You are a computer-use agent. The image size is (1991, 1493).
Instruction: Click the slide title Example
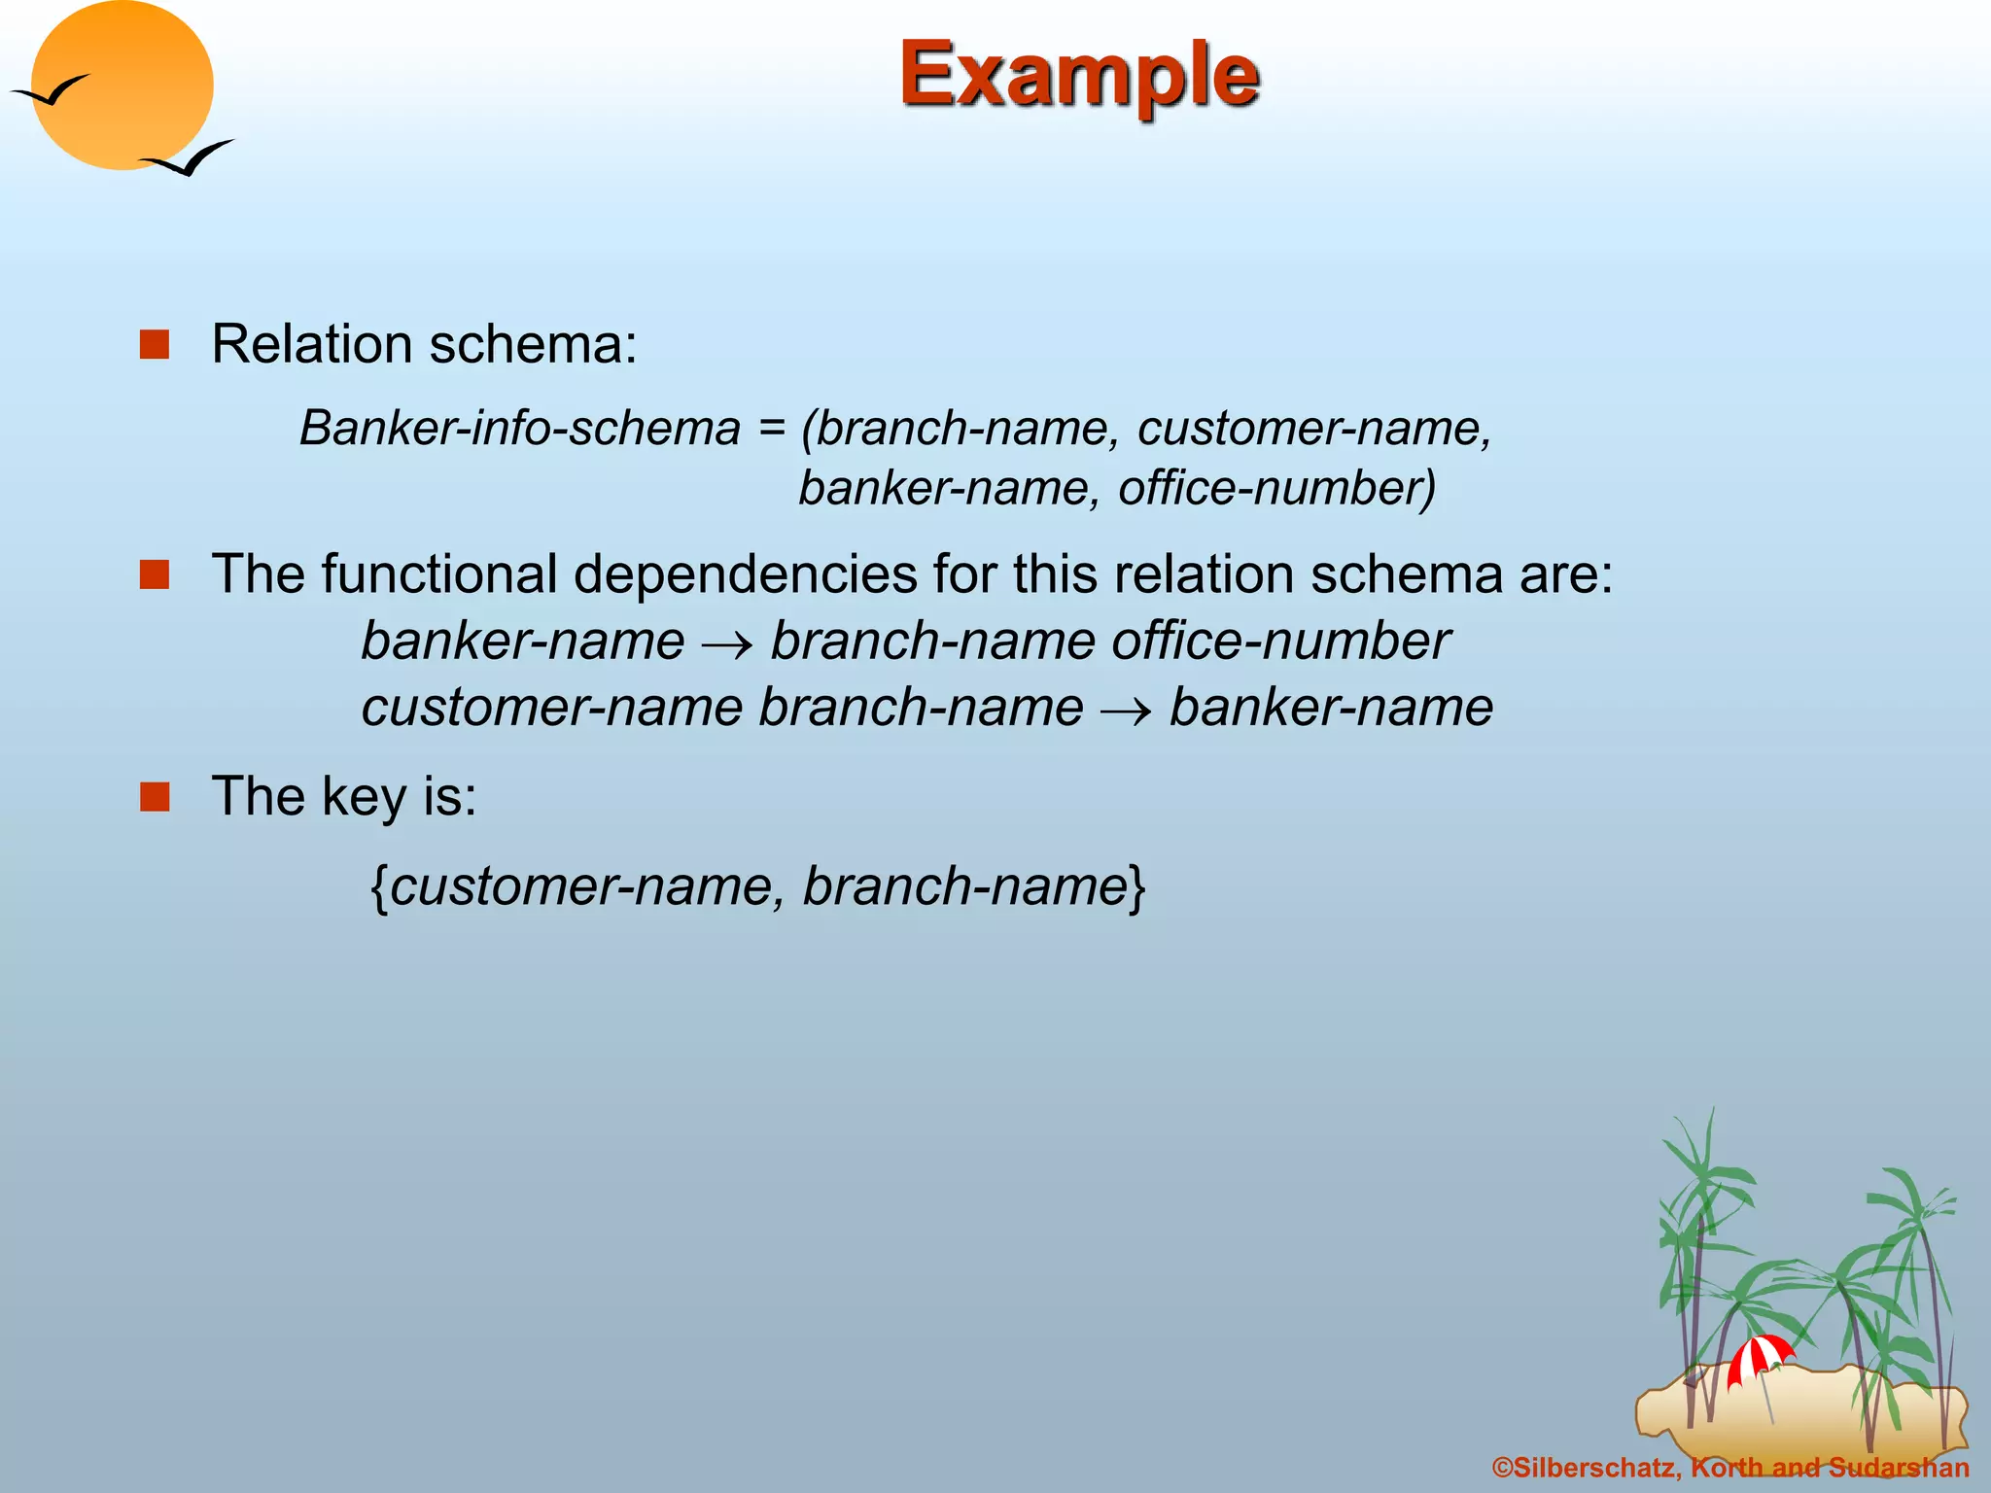1079,76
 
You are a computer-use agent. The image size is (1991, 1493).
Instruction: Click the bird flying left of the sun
51,92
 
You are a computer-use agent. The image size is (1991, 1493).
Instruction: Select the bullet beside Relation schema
155,344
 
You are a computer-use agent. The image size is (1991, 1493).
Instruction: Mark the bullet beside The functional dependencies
155,574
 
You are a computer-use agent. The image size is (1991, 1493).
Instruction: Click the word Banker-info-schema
520,429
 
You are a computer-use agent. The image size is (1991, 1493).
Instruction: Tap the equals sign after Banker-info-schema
772,429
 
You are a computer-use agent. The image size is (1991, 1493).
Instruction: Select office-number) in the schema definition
1276,488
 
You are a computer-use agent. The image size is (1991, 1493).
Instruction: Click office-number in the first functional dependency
1280,642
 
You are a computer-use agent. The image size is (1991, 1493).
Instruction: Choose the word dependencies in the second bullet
745,574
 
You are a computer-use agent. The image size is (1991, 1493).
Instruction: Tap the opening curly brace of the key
380,886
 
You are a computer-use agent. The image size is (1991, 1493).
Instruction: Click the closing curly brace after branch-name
1137,886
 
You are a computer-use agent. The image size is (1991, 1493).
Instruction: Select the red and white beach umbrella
1760,1357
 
